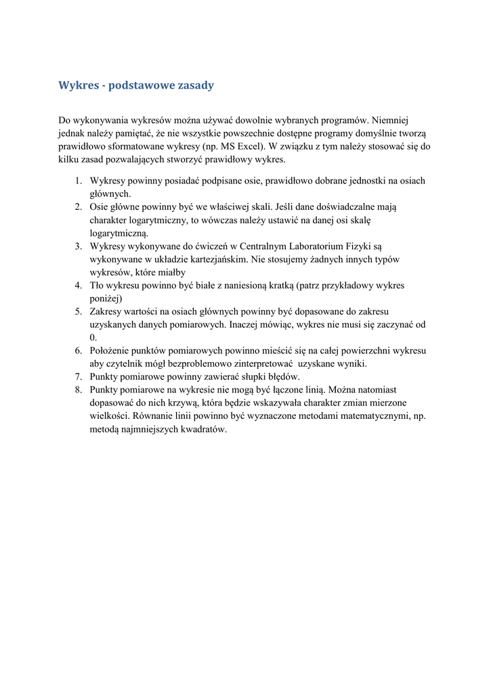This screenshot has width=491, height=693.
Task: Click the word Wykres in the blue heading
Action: click(77, 86)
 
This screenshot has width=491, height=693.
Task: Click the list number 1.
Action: click(78, 181)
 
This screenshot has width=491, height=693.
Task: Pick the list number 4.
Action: click(78, 286)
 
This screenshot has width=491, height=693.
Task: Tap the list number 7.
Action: click(78, 376)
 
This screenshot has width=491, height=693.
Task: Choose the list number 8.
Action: click(78, 390)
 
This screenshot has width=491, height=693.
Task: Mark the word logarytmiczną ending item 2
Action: click(119, 233)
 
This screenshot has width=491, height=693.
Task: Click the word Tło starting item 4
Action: click(98, 286)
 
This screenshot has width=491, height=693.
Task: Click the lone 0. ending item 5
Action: click(93, 337)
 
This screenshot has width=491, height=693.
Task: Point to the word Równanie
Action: click(154, 416)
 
